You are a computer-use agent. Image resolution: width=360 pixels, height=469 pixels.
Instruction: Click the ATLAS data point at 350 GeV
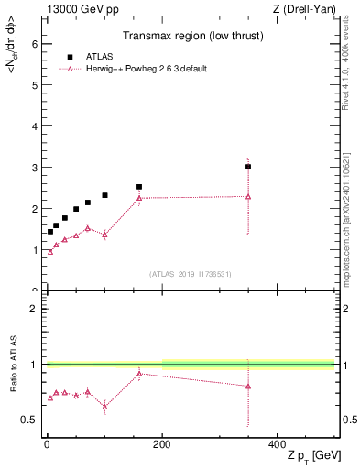click(248, 167)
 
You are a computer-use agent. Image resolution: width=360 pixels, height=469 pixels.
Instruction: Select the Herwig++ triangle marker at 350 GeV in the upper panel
click(248, 196)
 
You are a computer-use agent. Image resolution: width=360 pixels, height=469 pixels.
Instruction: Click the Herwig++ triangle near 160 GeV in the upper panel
click(139, 198)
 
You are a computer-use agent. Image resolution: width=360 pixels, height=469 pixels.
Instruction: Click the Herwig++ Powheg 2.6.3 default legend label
click(139, 68)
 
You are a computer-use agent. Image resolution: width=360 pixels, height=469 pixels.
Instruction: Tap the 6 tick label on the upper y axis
click(33, 43)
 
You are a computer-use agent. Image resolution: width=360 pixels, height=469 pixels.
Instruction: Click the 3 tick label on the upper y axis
click(33, 168)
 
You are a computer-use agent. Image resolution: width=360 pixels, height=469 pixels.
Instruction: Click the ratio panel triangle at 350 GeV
click(248, 386)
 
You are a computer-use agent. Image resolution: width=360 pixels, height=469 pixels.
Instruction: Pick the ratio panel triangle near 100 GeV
click(104, 406)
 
